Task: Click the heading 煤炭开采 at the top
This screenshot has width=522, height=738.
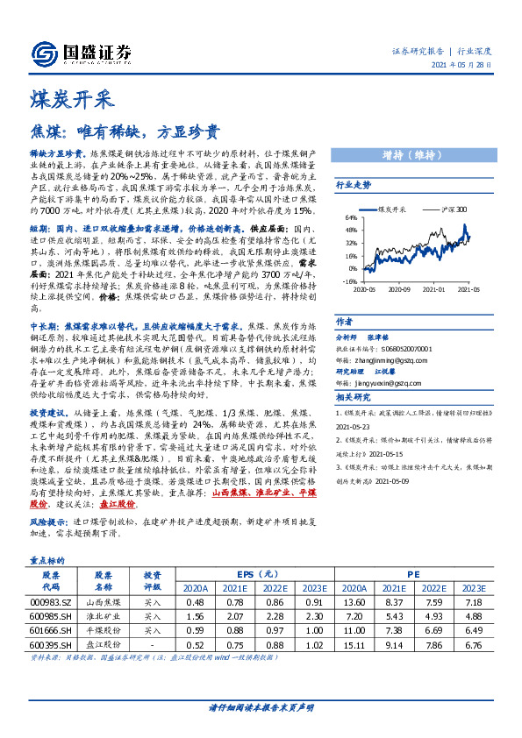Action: (x=64, y=96)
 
